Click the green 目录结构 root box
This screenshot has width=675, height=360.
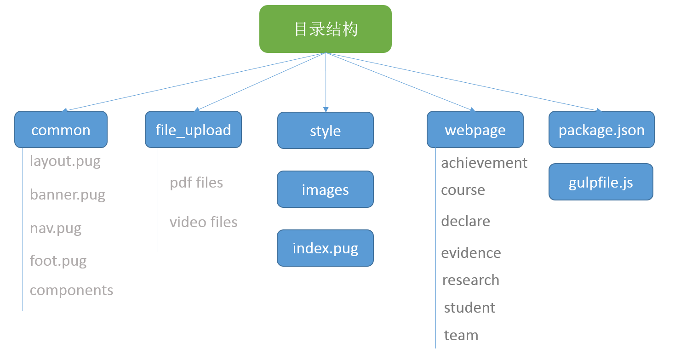326,29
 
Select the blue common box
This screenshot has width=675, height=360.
61,130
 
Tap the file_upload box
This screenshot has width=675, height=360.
193,130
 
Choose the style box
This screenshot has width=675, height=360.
326,131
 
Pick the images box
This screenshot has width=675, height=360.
326,189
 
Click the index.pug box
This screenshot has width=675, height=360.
326,248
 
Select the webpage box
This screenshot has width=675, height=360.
475,130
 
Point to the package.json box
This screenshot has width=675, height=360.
601,130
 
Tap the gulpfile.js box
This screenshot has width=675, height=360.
601,182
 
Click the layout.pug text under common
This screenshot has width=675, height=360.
65,161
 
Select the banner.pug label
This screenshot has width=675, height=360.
68,194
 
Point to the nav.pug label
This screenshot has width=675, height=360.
56,228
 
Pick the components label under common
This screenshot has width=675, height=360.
72,290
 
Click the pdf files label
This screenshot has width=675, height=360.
196,183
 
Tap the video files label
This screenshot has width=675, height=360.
204,222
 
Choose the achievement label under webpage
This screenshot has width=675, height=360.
484,163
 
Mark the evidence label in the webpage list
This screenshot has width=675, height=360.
471,253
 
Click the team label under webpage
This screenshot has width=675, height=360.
461,335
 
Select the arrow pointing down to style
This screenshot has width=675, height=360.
326,83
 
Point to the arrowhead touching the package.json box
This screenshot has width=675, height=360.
599,110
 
